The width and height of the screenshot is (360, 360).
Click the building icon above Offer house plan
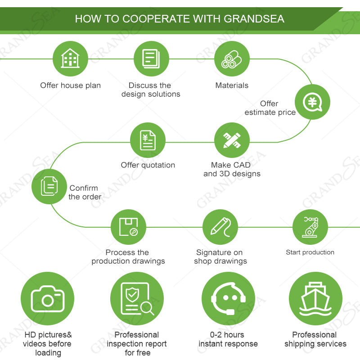[x=70, y=59]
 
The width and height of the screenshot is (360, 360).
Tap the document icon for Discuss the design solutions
[x=151, y=59]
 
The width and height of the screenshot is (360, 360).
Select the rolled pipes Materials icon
[x=232, y=59]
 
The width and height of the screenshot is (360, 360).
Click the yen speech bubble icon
[x=312, y=102]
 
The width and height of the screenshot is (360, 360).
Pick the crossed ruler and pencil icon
[x=232, y=140]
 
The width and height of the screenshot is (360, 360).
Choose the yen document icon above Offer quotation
[x=148, y=140]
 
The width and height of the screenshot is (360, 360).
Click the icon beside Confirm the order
[x=49, y=186]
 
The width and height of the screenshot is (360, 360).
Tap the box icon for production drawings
[x=128, y=227]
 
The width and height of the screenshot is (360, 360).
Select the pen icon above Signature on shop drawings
[x=220, y=227]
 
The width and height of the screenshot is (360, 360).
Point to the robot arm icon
[x=310, y=227]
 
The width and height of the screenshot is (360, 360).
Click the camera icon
[x=47, y=299]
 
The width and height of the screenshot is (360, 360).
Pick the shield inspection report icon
[x=137, y=299]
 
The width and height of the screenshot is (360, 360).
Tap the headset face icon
[x=228, y=299]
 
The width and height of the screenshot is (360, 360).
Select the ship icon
[x=315, y=299]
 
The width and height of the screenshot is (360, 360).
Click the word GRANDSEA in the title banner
[x=254, y=19]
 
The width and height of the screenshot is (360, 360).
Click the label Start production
[x=310, y=252]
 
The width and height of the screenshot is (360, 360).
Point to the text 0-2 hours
[x=227, y=335]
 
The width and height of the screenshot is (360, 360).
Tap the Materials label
[x=232, y=85]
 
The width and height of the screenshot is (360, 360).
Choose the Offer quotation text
[x=148, y=165]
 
